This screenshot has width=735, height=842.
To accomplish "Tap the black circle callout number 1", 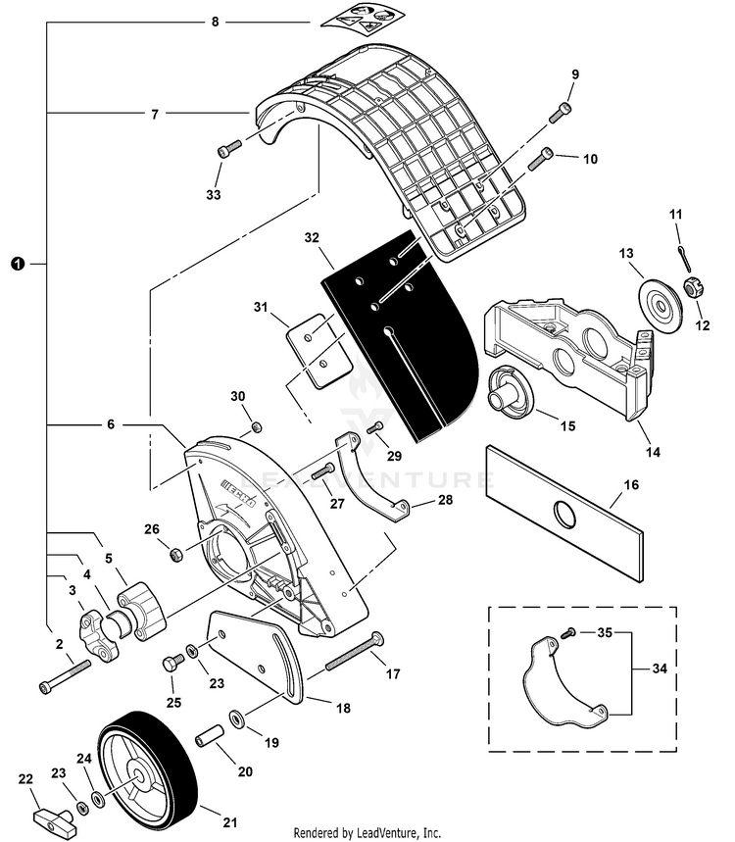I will [15, 264].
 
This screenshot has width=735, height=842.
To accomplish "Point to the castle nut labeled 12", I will [689, 288].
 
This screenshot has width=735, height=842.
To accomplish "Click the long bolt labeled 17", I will [348, 651].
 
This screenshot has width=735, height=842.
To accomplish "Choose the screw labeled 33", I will [228, 150].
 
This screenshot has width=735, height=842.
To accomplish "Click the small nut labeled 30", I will [256, 427].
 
